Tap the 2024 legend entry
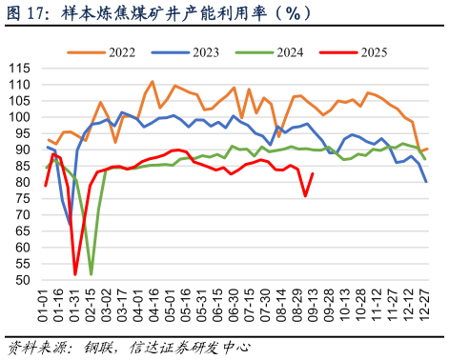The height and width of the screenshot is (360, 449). pyautogui.click(x=289, y=50)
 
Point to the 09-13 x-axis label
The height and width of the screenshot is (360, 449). pyautogui.click(x=312, y=307)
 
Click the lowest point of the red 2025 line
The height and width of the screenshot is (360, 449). pyautogui.click(x=75, y=274)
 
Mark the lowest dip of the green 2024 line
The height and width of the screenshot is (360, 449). pyautogui.click(x=92, y=274)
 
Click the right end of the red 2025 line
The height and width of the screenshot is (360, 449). pyautogui.click(x=313, y=173)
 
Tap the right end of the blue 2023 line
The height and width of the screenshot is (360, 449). pyautogui.click(x=426, y=182)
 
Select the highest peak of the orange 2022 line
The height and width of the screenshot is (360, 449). pyautogui.click(x=153, y=82)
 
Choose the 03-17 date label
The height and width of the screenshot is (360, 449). pyautogui.click(x=126, y=307)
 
